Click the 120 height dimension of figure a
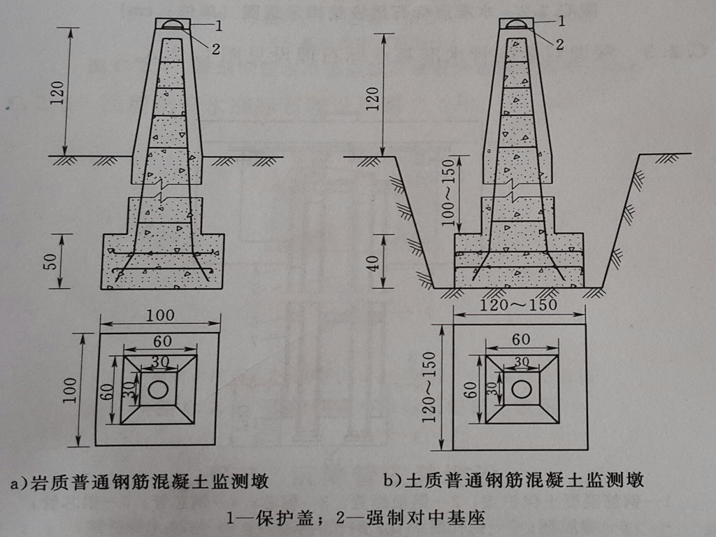click(x=57, y=92)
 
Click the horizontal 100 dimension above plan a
click(x=160, y=315)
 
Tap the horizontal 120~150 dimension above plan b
click(x=520, y=306)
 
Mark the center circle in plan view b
click(x=521, y=389)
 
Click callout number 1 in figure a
click(x=219, y=26)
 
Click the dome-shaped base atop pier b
click(x=516, y=25)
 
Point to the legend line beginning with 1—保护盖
click(x=356, y=518)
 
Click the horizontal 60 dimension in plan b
click(x=521, y=339)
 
